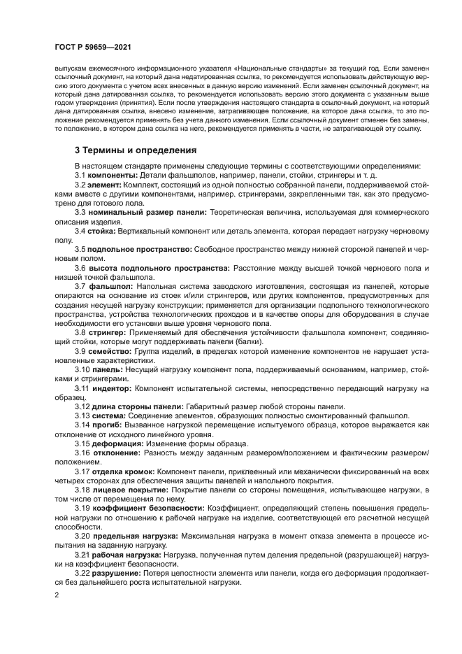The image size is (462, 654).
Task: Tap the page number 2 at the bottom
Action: click(57, 595)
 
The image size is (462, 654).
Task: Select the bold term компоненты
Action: click(113, 174)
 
